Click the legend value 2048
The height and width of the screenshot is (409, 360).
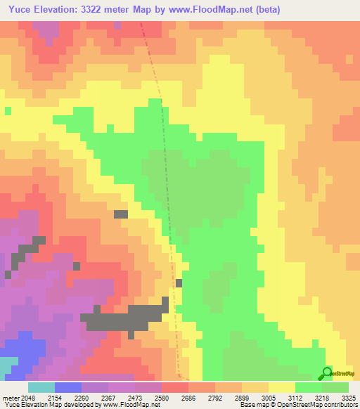[25, 397]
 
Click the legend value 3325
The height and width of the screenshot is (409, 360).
[349, 397]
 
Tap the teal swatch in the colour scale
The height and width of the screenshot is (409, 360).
[41, 387]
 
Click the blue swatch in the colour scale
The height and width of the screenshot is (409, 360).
[67, 387]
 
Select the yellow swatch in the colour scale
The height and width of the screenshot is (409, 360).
[281, 387]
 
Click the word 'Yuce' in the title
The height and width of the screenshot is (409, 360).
[16, 9]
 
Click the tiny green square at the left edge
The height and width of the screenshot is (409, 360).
[8, 110]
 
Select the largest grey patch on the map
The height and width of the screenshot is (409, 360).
[127, 318]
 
